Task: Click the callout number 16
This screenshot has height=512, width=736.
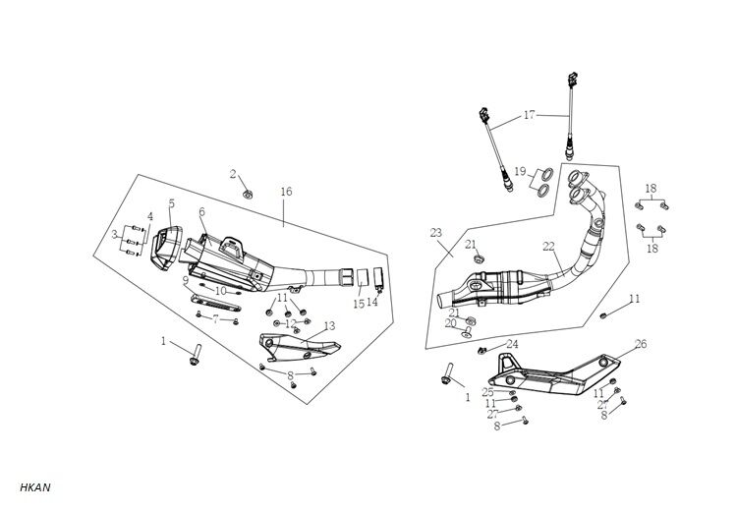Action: pos(286,191)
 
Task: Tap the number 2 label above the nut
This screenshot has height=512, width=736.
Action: pos(233,174)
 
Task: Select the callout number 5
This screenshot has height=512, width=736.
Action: pos(171,204)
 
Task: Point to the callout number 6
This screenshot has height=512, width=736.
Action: pos(201,212)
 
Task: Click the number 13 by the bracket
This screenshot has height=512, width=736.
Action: pos(329,325)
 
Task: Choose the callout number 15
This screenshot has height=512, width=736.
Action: pos(359,305)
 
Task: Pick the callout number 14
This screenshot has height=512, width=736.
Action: pos(373,303)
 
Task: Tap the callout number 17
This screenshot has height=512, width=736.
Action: pos(529,115)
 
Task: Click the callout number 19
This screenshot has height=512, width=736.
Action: pos(521,171)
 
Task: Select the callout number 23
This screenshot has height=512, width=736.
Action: pos(436,234)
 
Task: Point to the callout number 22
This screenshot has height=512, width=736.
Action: pos(548,247)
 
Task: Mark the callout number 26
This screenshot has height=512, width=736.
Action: pos(641,344)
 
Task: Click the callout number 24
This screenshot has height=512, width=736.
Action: pos(512,344)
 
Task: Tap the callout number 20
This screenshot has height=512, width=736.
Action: pos(450,323)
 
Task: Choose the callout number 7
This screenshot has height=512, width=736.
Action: pos(215,319)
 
